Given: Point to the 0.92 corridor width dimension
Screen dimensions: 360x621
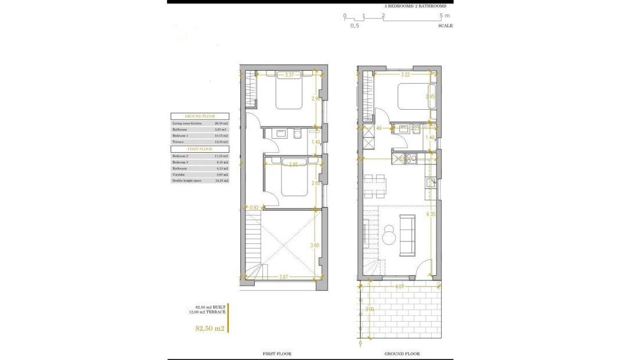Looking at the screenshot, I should (254, 207).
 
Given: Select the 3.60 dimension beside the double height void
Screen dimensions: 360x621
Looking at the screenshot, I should (315, 246).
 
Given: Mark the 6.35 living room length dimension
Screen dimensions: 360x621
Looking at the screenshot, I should (431, 214).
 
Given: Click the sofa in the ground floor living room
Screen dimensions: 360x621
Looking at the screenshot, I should (407, 235).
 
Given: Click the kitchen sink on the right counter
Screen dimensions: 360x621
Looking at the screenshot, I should (430, 183).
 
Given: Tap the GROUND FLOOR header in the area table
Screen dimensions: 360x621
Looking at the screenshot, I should (200, 117).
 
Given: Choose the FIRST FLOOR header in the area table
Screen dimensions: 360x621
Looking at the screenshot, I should (200, 149).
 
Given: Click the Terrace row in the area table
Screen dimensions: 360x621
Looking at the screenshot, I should (200, 142).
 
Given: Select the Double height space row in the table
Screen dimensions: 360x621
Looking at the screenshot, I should (200, 181).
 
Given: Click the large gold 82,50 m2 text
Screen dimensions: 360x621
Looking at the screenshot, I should (210, 328).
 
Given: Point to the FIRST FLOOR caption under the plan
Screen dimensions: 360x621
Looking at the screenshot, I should (277, 354).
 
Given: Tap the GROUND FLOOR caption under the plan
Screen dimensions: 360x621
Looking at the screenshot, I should (402, 354).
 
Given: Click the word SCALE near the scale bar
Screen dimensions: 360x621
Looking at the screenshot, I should (446, 26).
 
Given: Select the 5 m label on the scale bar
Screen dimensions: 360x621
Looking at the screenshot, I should (444, 16).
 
